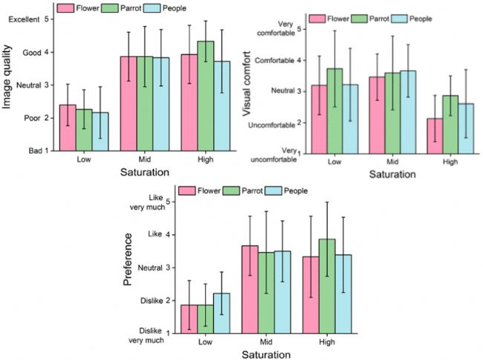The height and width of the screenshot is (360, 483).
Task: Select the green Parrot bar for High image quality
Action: [x=206, y=96]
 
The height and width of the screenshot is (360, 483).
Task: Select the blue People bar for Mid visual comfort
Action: [x=407, y=112]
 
